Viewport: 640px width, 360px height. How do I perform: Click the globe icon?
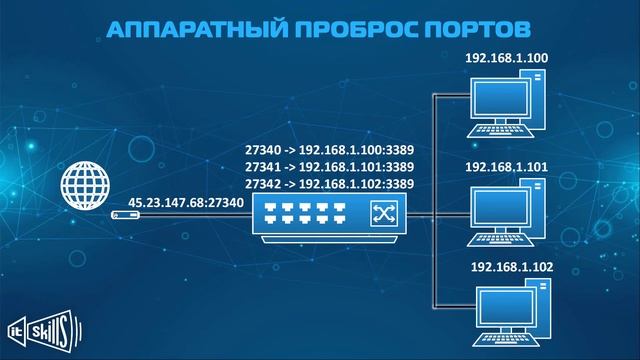(x=83, y=187)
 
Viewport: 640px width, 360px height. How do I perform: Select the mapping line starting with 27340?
(x=330, y=150)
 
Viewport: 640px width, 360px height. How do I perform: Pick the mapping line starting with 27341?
(x=330, y=167)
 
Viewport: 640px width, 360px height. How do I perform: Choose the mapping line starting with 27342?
(x=330, y=184)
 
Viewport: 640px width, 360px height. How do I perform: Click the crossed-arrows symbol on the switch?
(x=383, y=212)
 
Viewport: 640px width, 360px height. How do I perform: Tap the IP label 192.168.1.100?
(x=506, y=58)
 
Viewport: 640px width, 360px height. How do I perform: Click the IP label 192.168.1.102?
(x=510, y=267)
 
